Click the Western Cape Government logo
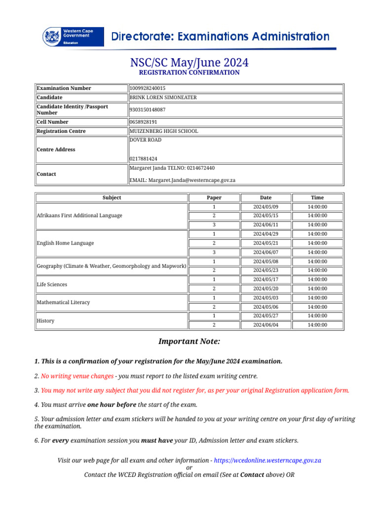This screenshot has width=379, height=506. pyautogui.click(x=73, y=37)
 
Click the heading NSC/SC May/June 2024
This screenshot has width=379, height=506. pyautogui.click(x=189, y=63)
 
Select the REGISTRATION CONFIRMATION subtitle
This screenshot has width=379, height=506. pyautogui.click(x=189, y=73)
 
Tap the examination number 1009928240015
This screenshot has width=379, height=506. pyautogui.click(x=147, y=88)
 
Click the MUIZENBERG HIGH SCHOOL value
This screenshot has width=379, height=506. pyautogui.click(x=163, y=131)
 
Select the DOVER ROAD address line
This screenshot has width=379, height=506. pyautogui.click(x=145, y=140)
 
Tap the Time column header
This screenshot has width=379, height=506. pyautogui.click(x=317, y=198)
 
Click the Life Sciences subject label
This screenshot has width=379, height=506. pyautogui.click(x=52, y=285)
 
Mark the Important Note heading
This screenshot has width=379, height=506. pyautogui.click(x=189, y=341)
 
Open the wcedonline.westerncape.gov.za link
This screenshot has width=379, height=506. pyautogui.click(x=267, y=460)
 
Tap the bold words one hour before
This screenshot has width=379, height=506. pyautogui.click(x=115, y=405)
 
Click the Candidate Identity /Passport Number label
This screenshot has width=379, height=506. pyautogui.click(x=72, y=110)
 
